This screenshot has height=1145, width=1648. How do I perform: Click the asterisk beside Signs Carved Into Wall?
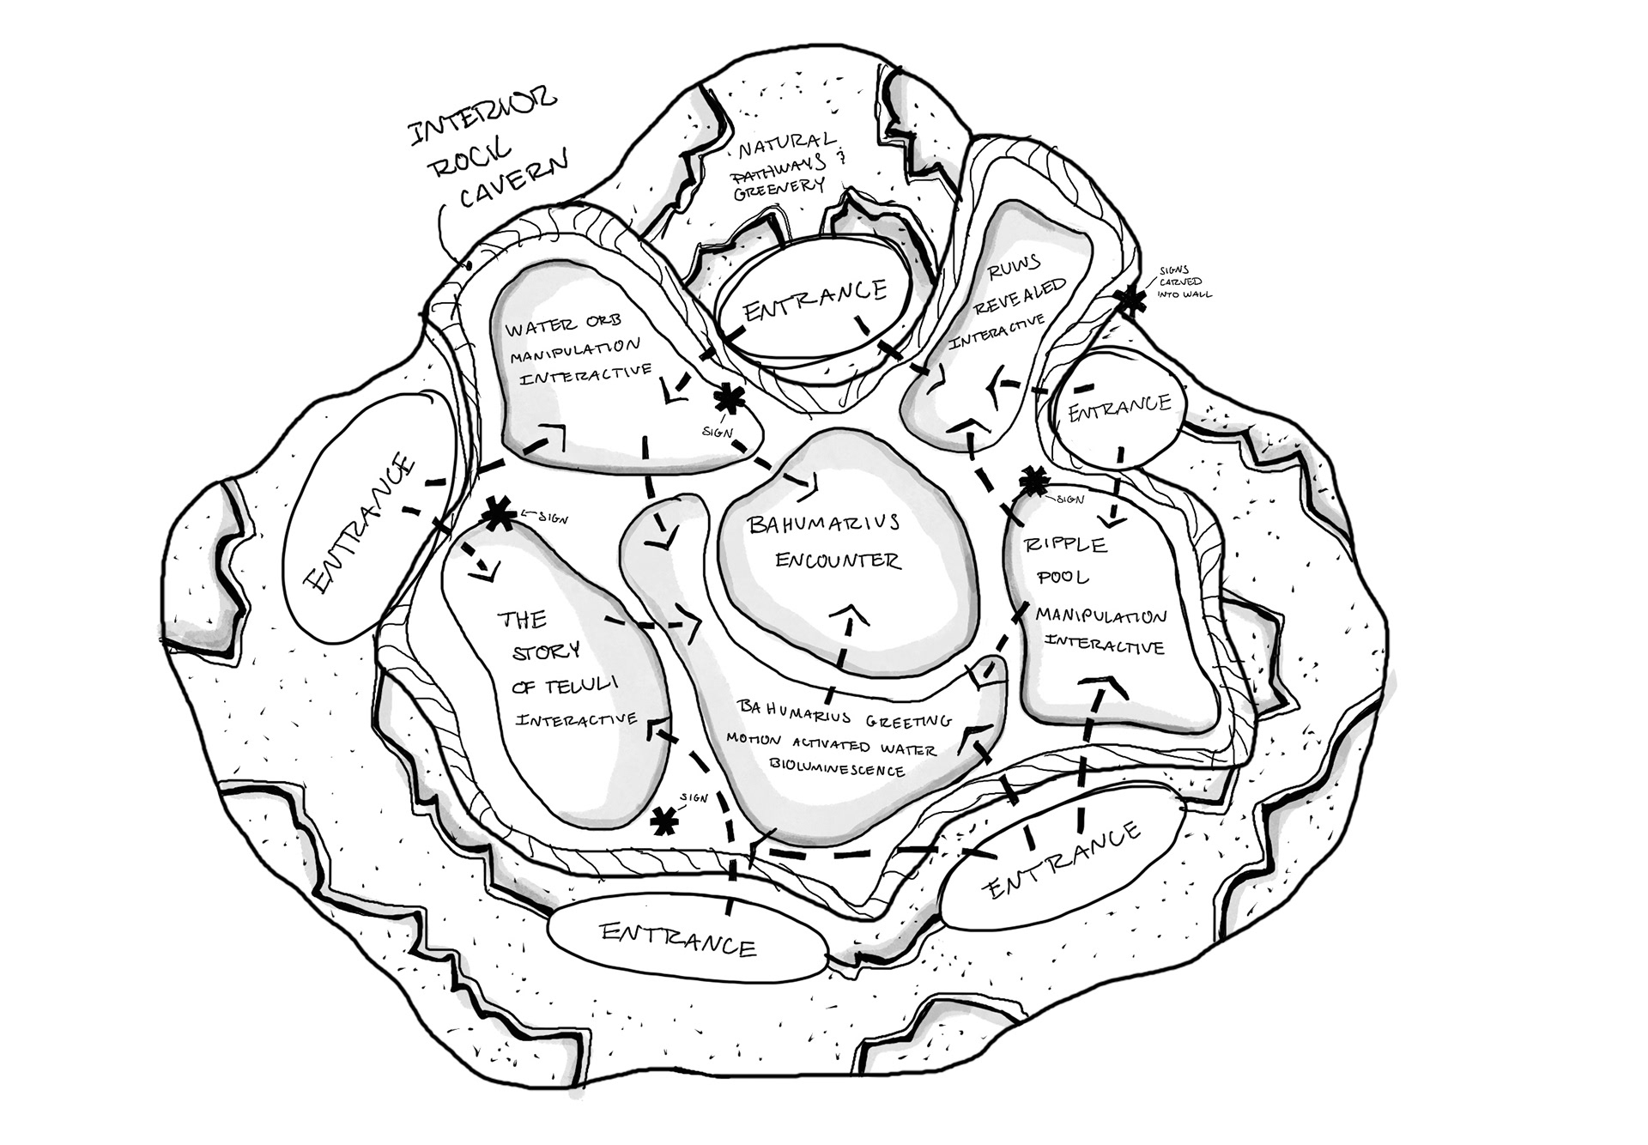(1130, 301)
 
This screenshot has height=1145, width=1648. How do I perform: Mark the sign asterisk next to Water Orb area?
(729, 398)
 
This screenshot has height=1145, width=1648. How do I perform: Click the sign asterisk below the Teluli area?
(663, 821)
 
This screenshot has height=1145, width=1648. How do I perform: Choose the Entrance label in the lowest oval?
(679, 938)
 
